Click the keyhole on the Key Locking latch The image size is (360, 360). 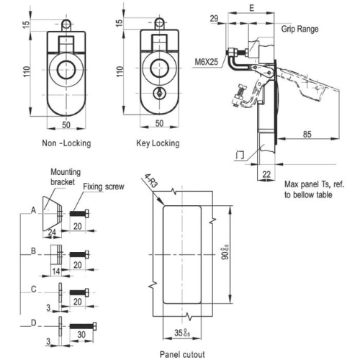pos(159,93)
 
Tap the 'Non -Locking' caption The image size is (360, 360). pos(66,143)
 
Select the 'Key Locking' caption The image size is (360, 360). pos(158,143)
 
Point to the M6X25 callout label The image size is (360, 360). pos(206,62)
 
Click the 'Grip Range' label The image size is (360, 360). pos(300,29)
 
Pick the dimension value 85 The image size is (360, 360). pos(307,134)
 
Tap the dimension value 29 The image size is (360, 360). pos(214,19)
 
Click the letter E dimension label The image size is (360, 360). pos(251,8)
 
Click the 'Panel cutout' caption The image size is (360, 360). pos(182,354)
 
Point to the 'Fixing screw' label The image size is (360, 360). pos(104,186)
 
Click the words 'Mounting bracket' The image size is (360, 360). pos(66,177)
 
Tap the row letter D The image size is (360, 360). pos(34,323)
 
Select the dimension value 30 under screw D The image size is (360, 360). pos(81,335)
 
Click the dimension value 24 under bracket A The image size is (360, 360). pos(52,232)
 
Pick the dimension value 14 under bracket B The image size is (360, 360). pos(56,271)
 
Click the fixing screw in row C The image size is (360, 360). pos(79,292)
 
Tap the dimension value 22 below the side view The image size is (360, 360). pos(266,174)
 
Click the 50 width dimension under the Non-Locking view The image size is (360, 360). pos(66,125)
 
